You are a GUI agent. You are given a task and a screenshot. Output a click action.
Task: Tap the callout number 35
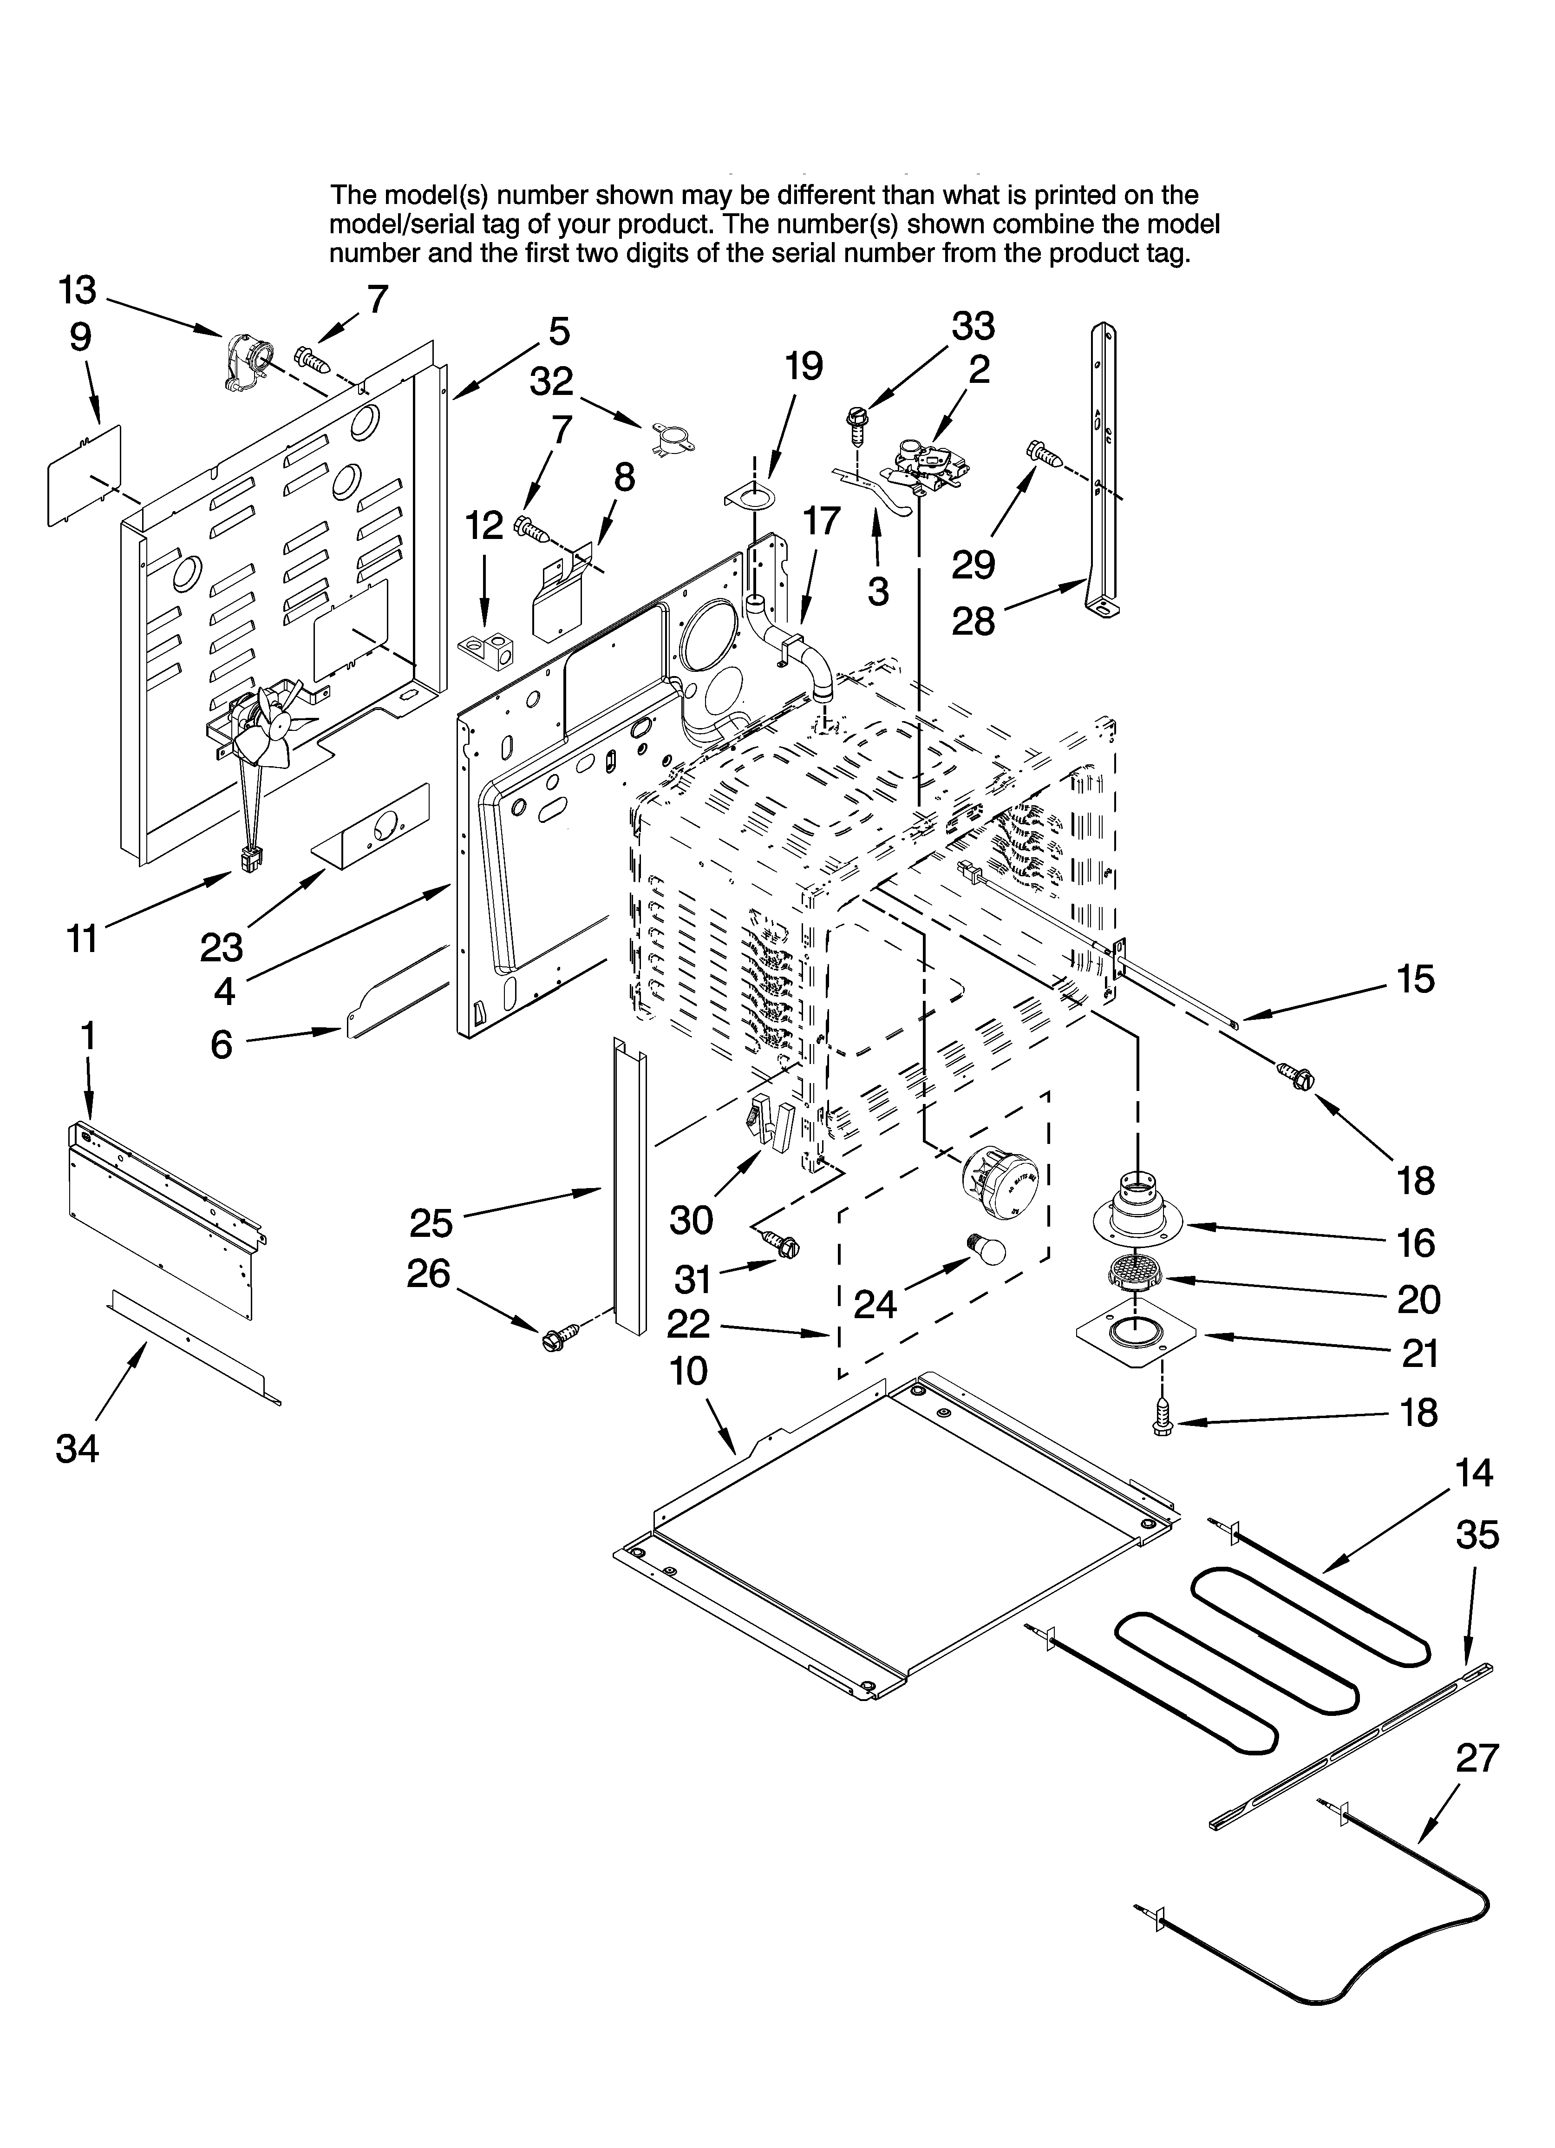[1477, 1534]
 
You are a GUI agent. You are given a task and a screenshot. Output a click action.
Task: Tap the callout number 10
[689, 1371]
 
